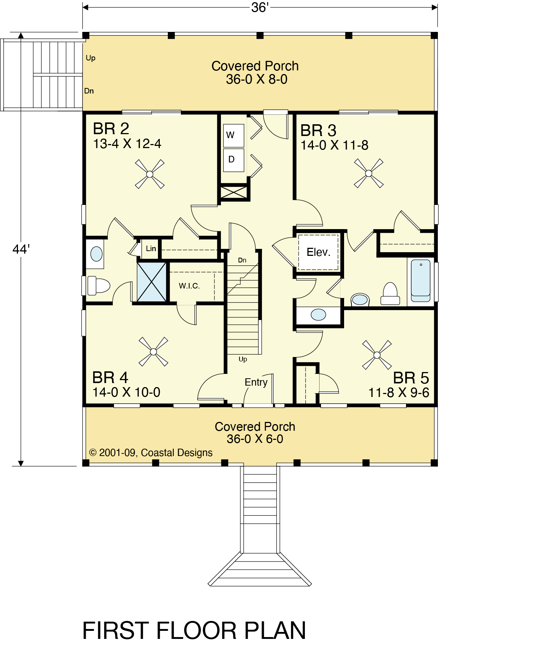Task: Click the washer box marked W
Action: tap(234, 136)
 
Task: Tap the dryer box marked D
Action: tap(234, 160)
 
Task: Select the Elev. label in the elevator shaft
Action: tap(318, 252)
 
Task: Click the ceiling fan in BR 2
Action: tap(150, 174)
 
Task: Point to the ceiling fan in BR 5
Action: tap(377, 355)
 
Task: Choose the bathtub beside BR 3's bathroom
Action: tap(421, 280)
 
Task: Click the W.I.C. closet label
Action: tap(189, 286)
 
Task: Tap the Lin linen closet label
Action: tap(151, 249)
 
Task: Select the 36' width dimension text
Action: tap(260, 7)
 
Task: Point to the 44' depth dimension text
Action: tap(21, 249)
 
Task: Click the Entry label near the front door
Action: tap(256, 382)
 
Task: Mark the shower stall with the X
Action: tap(152, 282)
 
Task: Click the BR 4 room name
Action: tap(110, 378)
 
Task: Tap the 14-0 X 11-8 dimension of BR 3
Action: tap(335, 145)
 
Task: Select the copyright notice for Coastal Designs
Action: tap(151, 453)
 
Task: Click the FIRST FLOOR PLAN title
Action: tap(194, 631)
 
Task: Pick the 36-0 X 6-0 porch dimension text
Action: tap(255, 439)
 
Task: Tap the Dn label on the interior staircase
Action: tap(242, 260)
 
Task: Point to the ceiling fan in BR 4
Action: tap(154, 352)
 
